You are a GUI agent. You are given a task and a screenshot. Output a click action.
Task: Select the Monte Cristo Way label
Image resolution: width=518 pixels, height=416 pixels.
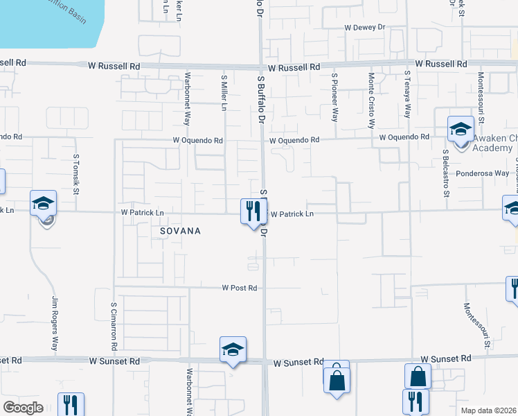coord(372,101)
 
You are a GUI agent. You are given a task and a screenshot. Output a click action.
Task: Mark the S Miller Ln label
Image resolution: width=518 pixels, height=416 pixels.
coord(224,93)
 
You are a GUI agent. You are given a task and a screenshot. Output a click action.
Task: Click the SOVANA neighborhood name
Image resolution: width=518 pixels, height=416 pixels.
coord(179,231)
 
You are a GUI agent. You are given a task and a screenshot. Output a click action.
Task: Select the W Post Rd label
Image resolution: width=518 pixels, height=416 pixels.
coord(240,288)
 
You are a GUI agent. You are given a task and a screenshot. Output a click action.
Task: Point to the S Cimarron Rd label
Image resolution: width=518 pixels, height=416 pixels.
coord(114,324)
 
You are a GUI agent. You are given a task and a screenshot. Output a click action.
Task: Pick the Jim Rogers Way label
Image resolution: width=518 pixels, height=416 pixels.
coord(54,324)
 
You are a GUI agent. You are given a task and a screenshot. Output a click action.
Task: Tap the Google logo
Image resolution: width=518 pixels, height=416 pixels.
coord(23,408)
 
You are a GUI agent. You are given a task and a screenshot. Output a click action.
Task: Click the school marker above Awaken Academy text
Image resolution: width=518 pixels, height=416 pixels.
coord(461,129)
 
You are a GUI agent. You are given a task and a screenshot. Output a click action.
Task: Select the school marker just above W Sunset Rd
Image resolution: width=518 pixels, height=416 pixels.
coord(233,349)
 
